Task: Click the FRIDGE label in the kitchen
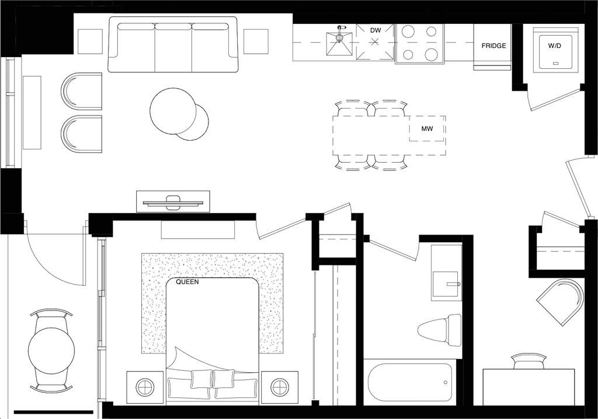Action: tap(493, 46)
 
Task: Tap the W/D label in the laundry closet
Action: tap(554, 44)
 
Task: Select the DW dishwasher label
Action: tap(375, 30)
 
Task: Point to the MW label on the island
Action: tap(427, 128)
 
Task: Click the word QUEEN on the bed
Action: tap(187, 282)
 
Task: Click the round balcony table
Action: tap(51, 350)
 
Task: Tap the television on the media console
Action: tap(173, 202)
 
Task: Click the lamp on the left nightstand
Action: tap(145, 386)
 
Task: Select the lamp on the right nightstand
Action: tap(279, 386)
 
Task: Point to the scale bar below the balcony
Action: tap(53, 413)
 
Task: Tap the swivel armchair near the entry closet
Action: tap(561, 301)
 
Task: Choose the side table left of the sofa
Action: tap(90, 41)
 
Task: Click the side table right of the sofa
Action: tap(256, 41)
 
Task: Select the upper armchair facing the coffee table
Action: tap(81, 91)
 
